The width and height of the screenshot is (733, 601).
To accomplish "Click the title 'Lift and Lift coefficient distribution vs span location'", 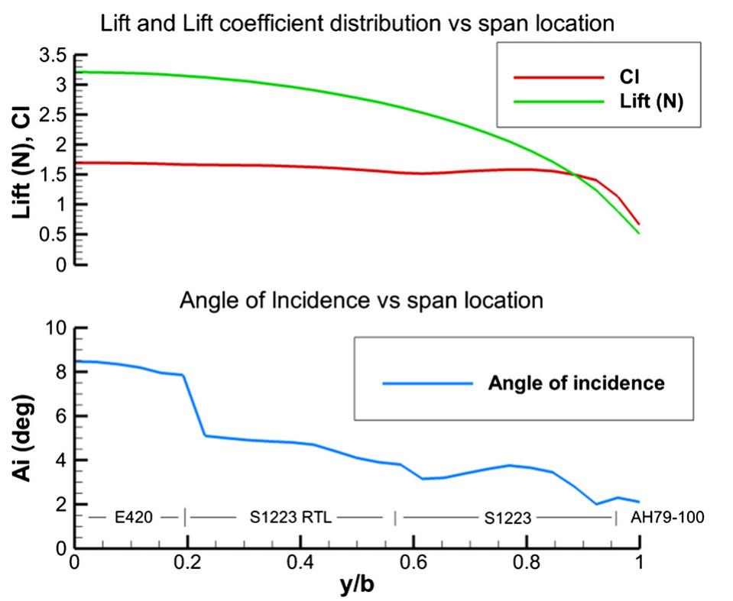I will [358, 24].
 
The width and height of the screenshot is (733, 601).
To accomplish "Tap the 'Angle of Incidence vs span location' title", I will [362, 300].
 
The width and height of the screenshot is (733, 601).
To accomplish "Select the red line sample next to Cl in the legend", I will [559, 76].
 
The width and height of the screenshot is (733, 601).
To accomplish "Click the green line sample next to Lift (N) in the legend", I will [559, 100].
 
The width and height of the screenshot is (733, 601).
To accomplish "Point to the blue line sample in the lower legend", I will [427, 383].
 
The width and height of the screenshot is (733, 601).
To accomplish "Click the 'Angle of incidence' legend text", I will [576, 383].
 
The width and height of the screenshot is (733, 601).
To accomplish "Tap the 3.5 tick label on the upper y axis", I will [54, 55].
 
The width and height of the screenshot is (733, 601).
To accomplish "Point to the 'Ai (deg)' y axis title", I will [23, 439].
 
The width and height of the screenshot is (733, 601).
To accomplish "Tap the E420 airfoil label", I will [135, 518].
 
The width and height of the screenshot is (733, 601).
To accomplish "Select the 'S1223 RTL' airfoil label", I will [290, 518].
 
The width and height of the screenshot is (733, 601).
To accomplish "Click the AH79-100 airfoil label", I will [667, 518].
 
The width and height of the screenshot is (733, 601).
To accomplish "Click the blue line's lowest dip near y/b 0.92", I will [596, 504].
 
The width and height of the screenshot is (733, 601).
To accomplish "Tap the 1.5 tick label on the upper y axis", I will [54, 175].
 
